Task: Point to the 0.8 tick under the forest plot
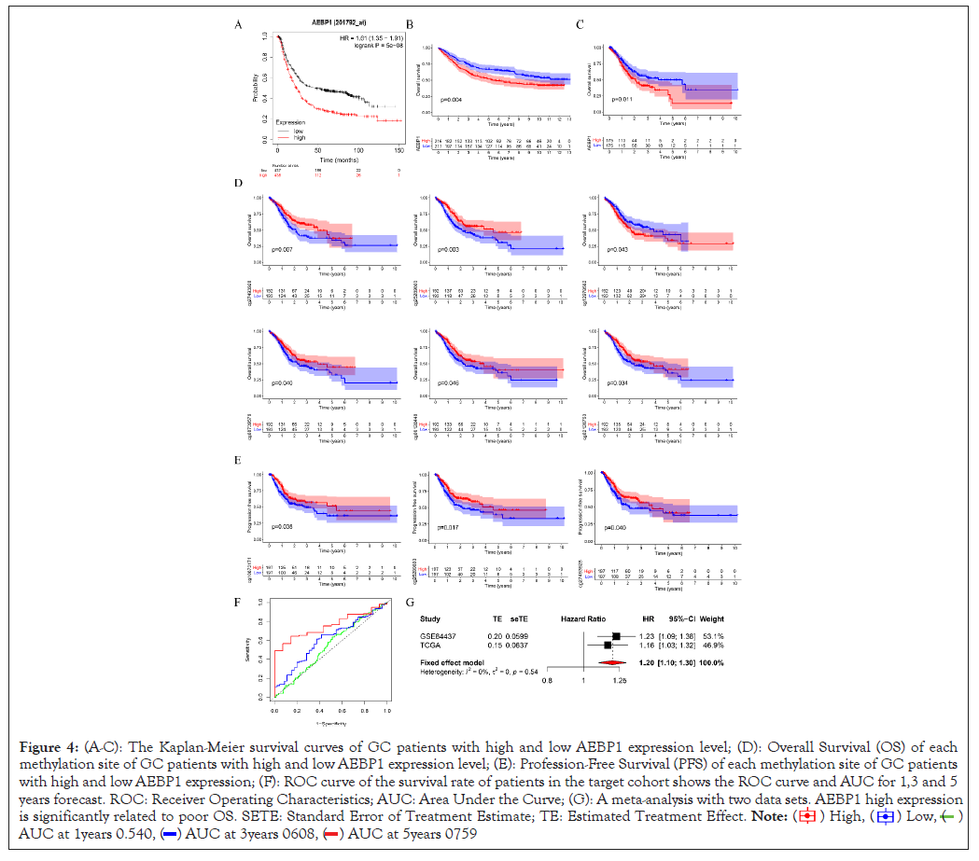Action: [548, 680]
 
